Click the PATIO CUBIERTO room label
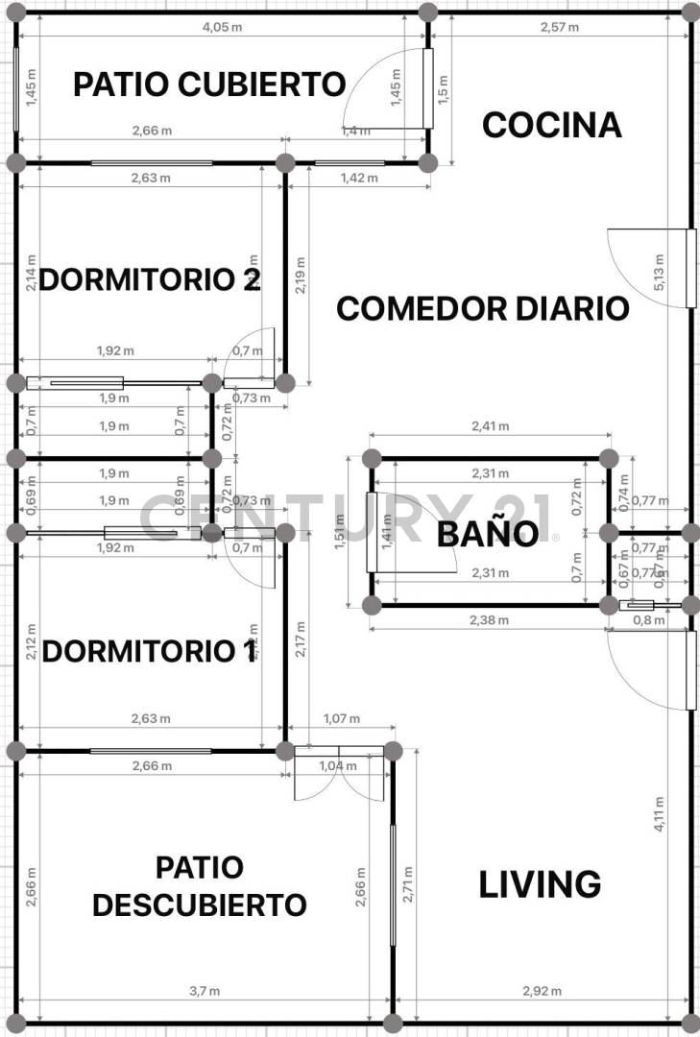pyautogui.click(x=209, y=84)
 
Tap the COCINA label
pyautogui.click(x=551, y=125)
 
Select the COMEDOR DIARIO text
pyautogui.click(x=483, y=309)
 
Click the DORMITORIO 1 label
pyautogui.click(x=150, y=652)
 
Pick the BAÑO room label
pyautogui.click(x=487, y=534)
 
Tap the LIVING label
pyautogui.click(x=540, y=884)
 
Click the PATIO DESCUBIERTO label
pyautogui.click(x=200, y=885)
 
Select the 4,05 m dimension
pyautogui.click(x=222, y=27)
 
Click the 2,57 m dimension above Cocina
pyautogui.click(x=560, y=27)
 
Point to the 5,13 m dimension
pyautogui.click(x=659, y=273)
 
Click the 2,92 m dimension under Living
pyautogui.click(x=542, y=991)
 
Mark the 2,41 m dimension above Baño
pyautogui.click(x=490, y=426)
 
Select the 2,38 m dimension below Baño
pyautogui.click(x=490, y=619)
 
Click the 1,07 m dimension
pyautogui.click(x=342, y=718)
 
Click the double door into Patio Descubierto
pyautogui.click(x=341, y=774)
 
